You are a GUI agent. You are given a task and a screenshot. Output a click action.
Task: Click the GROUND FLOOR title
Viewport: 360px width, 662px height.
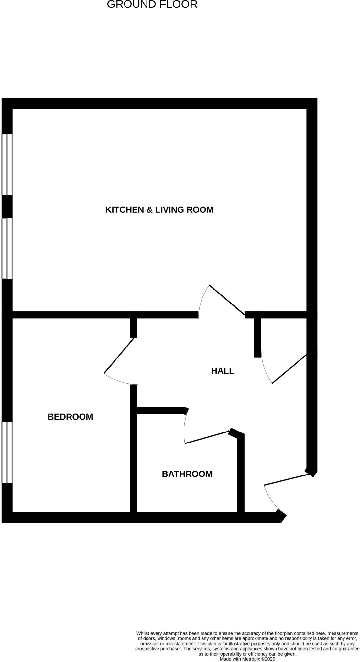coord(152,5)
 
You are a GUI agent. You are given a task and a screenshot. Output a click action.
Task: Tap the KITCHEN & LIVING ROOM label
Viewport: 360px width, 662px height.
coord(159,210)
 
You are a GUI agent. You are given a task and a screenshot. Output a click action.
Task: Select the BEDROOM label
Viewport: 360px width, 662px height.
coord(70,417)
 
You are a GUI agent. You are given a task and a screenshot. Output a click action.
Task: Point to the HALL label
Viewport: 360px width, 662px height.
coord(223,371)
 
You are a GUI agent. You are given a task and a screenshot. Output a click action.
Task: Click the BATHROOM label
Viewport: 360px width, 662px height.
coord(187,474)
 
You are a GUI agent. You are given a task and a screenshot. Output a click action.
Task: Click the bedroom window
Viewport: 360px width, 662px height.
coord(7,452)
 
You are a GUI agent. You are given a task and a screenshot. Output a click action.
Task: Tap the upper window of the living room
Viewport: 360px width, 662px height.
coord(7,165)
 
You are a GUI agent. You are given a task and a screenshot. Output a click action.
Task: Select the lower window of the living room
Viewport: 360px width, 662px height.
coord(7,248)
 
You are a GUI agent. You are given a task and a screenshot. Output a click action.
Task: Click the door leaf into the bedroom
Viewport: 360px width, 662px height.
coord(119,356)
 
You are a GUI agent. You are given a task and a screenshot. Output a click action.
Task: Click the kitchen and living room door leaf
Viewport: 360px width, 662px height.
coord(227,300)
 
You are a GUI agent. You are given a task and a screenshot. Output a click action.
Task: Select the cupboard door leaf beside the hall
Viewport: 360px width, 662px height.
coord(289,369)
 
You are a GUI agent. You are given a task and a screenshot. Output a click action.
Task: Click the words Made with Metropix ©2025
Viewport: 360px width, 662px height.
coord(247,659)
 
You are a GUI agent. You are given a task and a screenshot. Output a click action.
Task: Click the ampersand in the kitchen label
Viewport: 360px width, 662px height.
coord(149,210)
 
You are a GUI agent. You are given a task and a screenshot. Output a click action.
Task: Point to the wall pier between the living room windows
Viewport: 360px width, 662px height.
coord(7,206)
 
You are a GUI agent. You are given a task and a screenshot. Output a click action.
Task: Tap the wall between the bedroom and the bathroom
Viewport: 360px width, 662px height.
coord(134,462)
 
